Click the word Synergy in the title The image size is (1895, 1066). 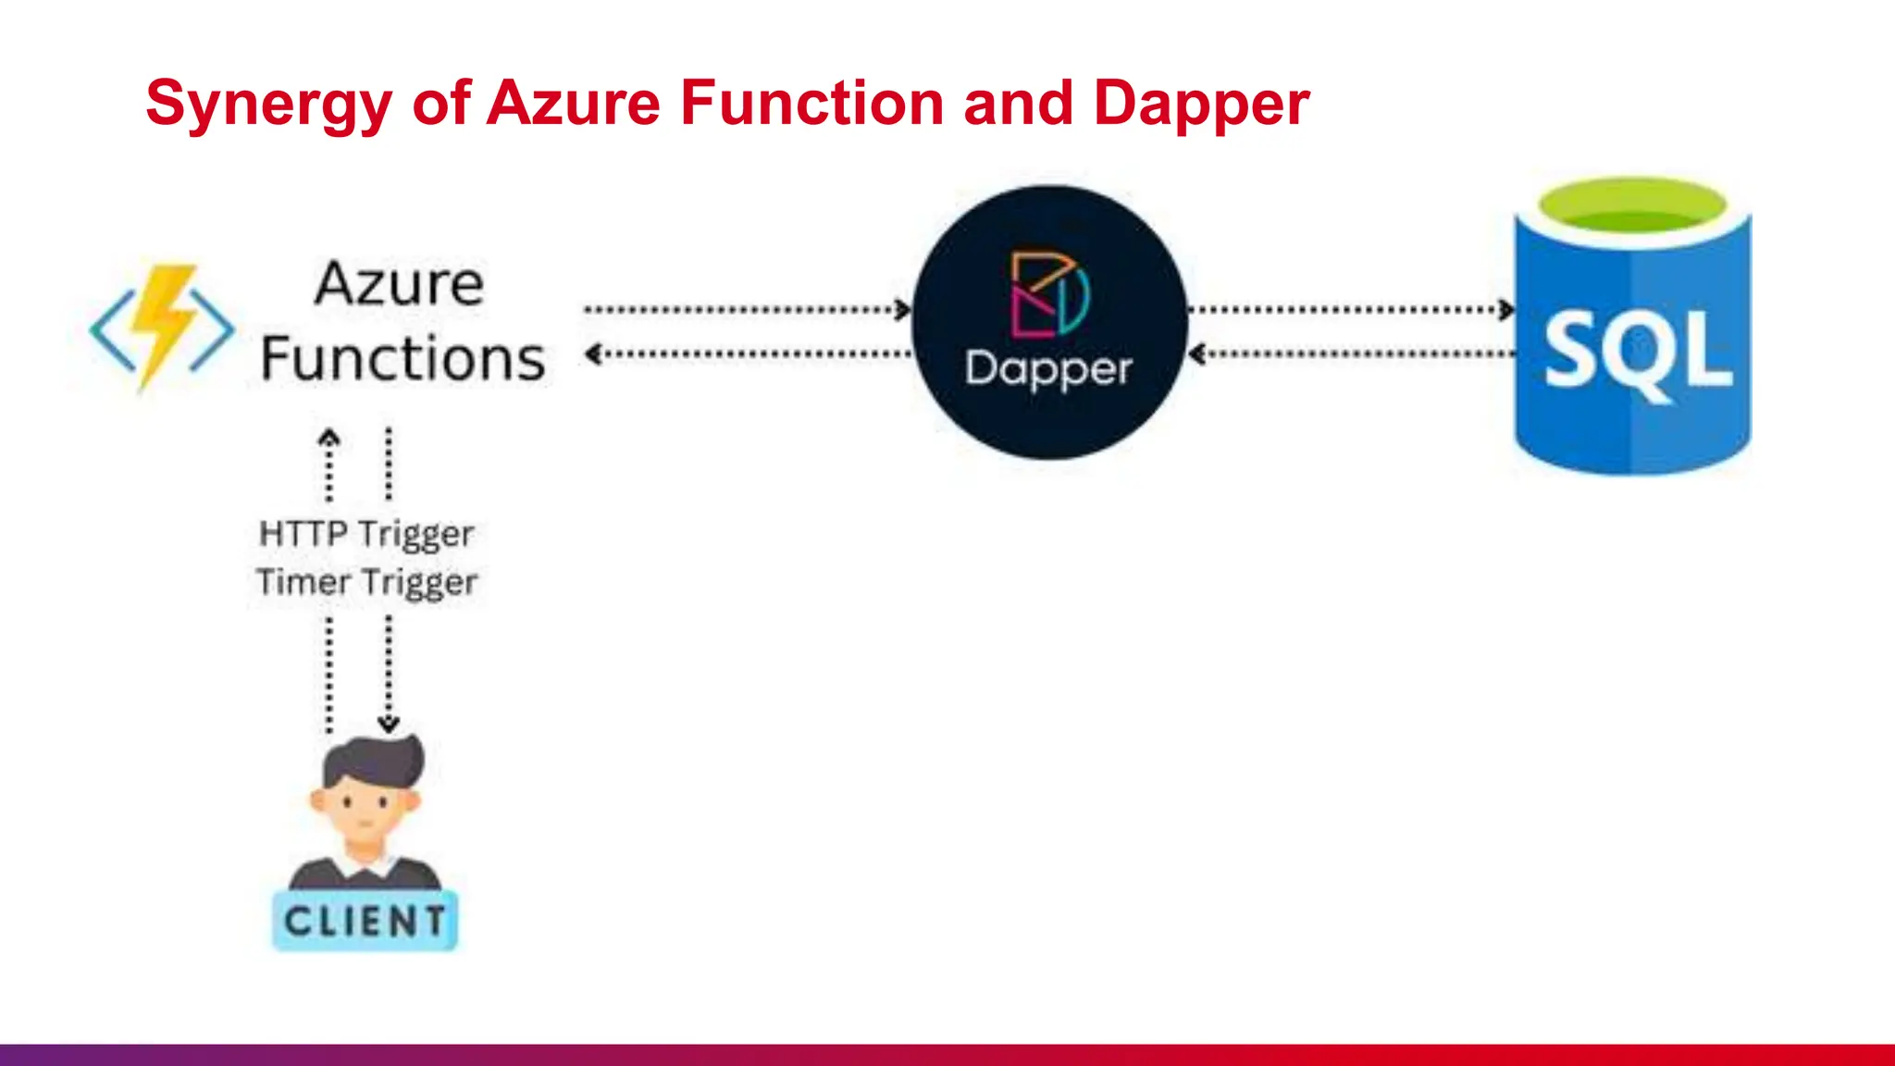[269, 103]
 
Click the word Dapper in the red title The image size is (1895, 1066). [1200, 103]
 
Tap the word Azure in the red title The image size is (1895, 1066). [573, 103]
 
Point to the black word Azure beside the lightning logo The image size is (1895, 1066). [399, 283]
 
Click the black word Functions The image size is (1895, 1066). [403, 359]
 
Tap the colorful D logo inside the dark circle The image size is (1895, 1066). [1049, 294]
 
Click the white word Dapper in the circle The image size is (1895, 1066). [1048, 368]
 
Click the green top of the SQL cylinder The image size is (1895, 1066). [1632, 205]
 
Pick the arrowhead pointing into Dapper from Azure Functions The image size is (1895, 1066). [904, 310]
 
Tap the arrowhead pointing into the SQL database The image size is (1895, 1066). [1507, 310]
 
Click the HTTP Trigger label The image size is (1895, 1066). [366, 534]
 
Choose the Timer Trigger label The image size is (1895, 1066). [366, 582]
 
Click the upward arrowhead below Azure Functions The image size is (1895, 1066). [329, 437]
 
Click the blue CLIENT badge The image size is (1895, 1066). [365, 921]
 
